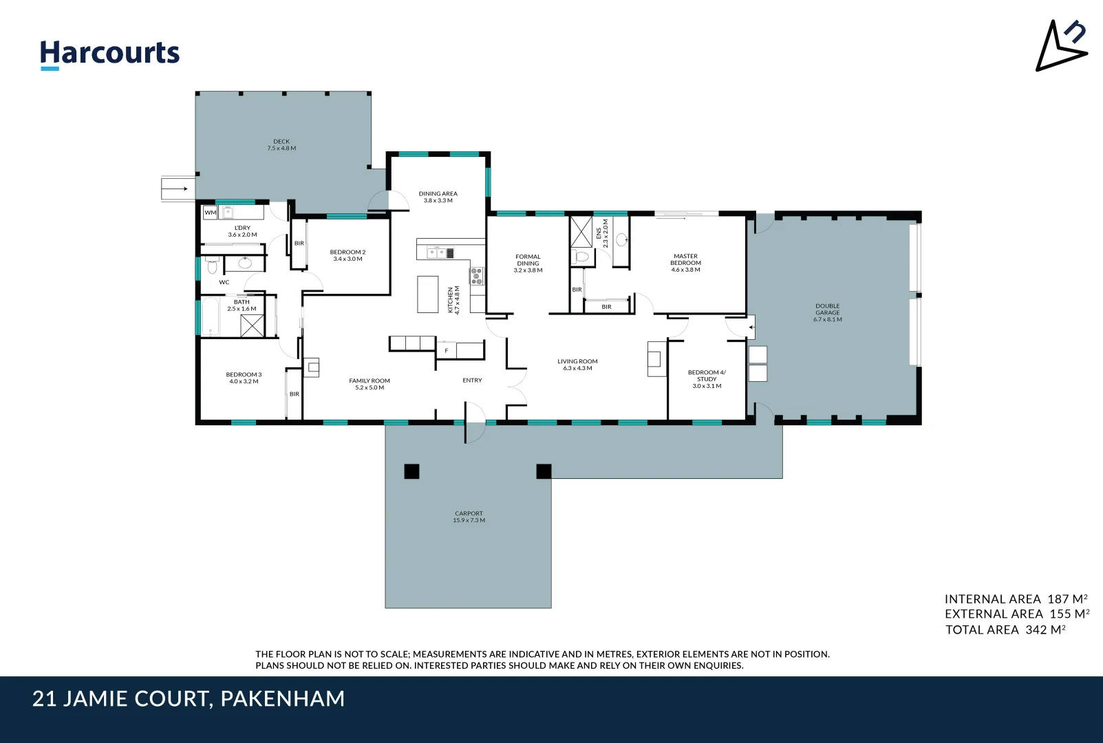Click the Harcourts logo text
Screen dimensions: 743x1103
(x=109, y=54)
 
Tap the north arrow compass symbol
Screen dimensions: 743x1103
(x=1060, y=46)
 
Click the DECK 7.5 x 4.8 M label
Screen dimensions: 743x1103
(x=281, y=144)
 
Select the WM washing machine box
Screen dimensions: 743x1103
(x=210, y=213)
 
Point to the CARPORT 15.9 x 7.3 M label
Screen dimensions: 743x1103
(x=469, y=517)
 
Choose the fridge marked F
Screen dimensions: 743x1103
(x=446, y=351)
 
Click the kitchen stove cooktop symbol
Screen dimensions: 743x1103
(x=477, y=276)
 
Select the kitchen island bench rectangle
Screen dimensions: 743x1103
(x=427, y=294)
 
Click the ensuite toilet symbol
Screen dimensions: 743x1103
(x=581, y=257)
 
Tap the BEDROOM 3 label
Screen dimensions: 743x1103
(x=244, y=378)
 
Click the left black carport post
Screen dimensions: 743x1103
(x=411, y=471)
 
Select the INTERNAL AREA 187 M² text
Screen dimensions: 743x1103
(x=1016, y=599)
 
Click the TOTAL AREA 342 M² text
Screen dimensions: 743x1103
(x=1005, y=629)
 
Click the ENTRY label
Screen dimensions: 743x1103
(x=472, y=380)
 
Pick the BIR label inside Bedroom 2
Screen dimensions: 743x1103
(x=299, y=244)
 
